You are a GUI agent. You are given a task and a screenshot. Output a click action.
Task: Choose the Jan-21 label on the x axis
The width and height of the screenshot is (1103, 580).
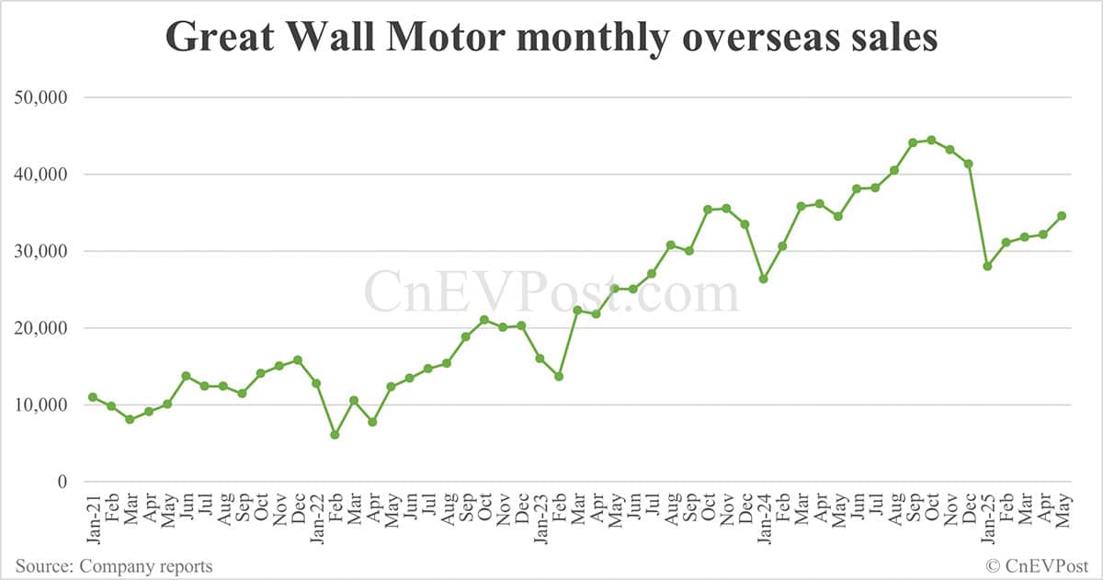click(93, 519)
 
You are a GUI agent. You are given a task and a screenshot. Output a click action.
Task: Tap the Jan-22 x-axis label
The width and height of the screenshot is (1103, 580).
click(316, 519)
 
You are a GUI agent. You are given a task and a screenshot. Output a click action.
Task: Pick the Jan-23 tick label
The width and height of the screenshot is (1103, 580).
click(540, 519)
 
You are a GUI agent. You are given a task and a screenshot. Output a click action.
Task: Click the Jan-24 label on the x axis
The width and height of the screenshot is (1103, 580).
click(764, 519)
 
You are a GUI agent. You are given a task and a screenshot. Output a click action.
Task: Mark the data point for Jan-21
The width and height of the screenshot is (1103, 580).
click(93, 397)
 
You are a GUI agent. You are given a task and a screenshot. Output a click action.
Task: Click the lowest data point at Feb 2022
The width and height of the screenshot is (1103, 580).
click(335, 435)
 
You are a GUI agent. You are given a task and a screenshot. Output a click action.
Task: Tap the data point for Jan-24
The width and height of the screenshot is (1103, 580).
click(764, 279)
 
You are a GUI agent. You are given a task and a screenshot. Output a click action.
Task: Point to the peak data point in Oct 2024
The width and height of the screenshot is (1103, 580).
click(931, 140)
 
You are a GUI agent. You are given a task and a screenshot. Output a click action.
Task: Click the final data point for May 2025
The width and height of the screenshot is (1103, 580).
click(1062, 216)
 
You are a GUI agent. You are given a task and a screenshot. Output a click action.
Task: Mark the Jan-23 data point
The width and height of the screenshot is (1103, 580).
click(540, 358)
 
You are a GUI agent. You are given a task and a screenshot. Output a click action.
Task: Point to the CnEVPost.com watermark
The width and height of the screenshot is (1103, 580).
click(551, 292)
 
